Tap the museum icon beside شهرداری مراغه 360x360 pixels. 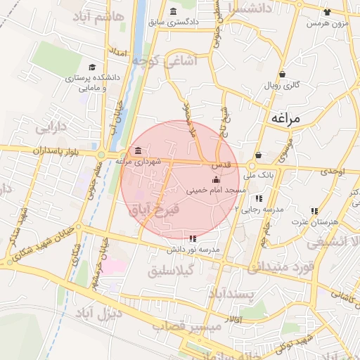pyautogui.click(x=136, y=151)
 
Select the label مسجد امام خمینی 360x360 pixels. pyautogui.click(x=217, y=190)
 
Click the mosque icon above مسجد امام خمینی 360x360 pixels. pyautogui.click(x=215, y=181)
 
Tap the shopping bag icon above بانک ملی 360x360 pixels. pyautogui.click(x=259, y=155)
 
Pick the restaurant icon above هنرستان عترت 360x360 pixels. pyautogui.click(x=314, y=211)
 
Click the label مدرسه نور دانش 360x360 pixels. pyautogui.click(x=193, y=249)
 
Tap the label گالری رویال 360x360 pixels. pyautogui.click(x=282, y=84)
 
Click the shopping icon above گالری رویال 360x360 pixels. pyautogui.click(x=282, y=74)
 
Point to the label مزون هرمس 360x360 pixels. pyautogui.click(x=326, y=24)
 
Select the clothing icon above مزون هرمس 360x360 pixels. pyautogui.click(x=326, y=12)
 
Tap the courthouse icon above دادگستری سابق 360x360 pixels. pyautogui.click(x=174, y=11)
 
